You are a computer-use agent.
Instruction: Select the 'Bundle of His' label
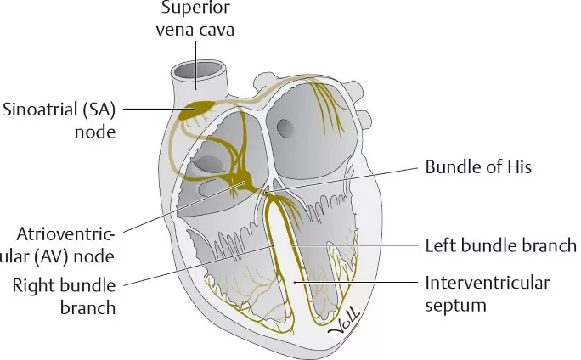tap(477, 166)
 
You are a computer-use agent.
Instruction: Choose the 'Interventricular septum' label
tap(487, 293)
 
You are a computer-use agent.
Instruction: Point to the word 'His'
tap(516, 166)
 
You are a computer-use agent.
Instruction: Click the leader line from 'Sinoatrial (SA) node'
tap(153, 109)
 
